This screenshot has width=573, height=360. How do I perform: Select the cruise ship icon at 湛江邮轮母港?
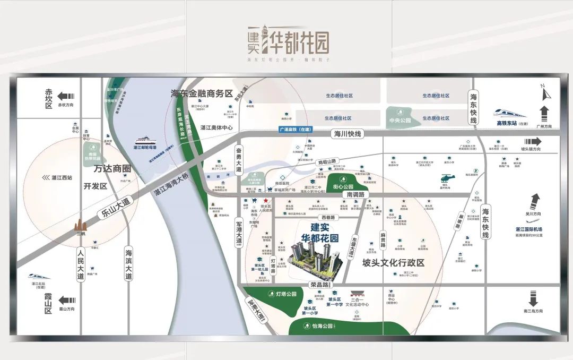(x=146, y=141)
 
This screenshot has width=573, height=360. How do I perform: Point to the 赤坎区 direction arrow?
(x=66, y=96)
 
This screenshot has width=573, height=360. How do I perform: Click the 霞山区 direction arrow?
(x=66, y=300)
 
